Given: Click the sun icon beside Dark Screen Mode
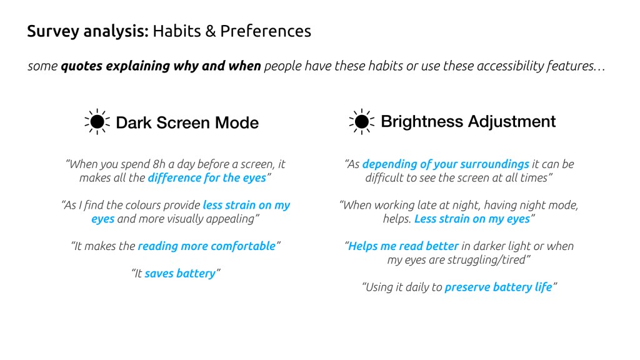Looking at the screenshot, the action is click(x=97, y=122).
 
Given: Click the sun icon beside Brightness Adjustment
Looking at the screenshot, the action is click(x=362, y=122).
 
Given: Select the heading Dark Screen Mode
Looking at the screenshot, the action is click(x=187, y=122).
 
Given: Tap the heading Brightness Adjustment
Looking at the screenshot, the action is click(x=468, y=122).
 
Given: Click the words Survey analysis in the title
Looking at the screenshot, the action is click(x=87, y=31).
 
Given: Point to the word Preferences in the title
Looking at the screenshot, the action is click(x=266, y=31).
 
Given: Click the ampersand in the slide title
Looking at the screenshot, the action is click(x=211, y=31).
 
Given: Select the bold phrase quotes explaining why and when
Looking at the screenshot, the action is click(x=161, y=66).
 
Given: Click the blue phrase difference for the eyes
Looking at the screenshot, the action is click(x=207, y=178).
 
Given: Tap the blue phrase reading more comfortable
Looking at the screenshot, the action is click(x=206, y=246).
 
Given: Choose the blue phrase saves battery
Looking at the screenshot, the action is click(x=180, y=274).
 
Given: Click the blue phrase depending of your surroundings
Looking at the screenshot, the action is click(x=446, y=164).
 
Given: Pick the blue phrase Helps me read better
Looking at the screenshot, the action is click(x=403, y=246).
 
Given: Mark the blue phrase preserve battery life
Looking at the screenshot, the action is click(x=498, y=287).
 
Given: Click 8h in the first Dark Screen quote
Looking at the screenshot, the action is click(x=159, y=164).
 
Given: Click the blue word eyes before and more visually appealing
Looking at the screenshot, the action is click(x=103, y=219).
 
